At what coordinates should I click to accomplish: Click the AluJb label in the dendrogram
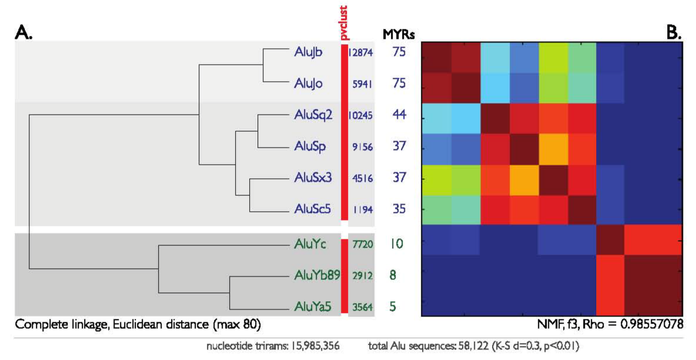coord(307,52)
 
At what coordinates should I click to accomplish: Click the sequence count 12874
coord(360,52)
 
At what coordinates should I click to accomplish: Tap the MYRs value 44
coord(400,115)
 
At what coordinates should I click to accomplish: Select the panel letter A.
coord(24,34)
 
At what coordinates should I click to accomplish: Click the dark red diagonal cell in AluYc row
coord(611,241)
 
